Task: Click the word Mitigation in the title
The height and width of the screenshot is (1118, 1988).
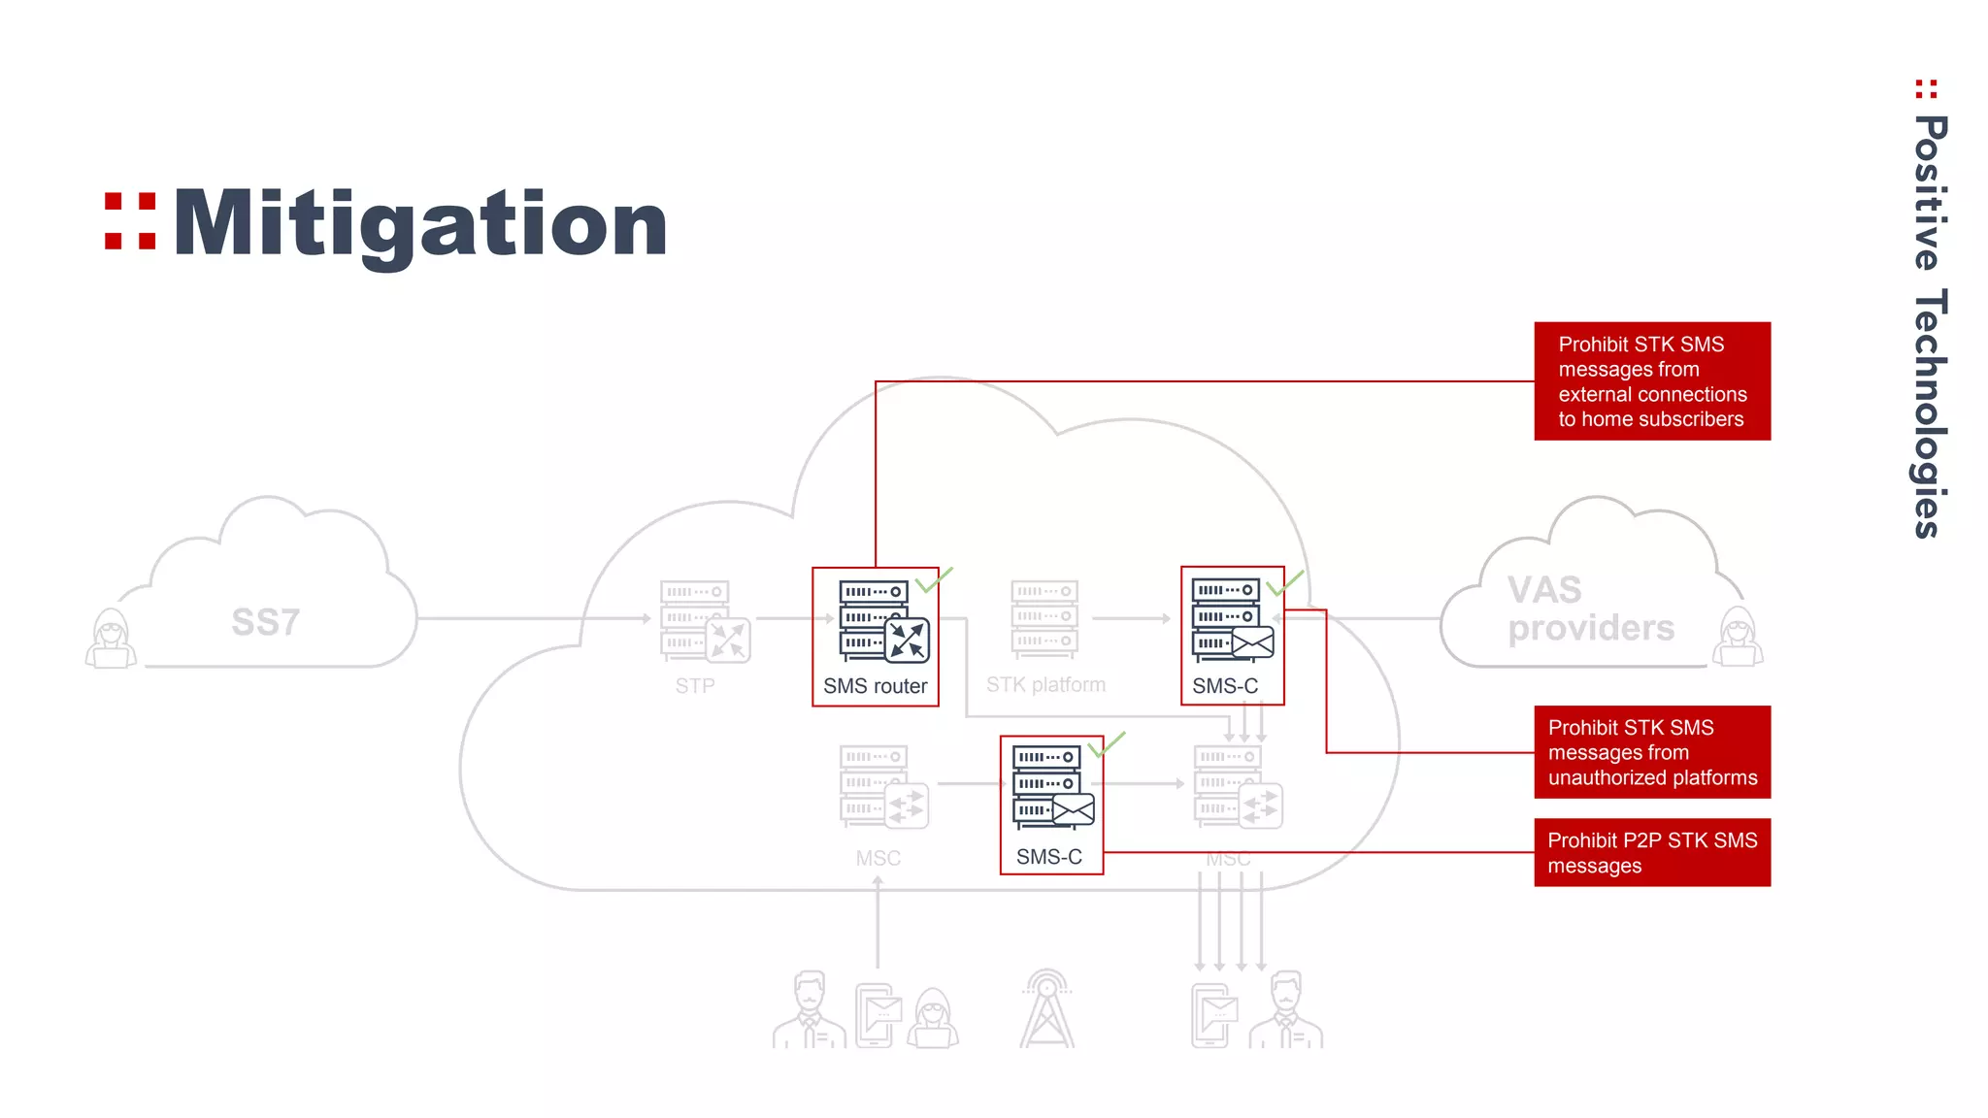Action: click(420, 225)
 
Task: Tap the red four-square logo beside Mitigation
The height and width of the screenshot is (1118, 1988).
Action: click(130, 221)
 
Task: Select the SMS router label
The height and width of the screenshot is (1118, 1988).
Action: click(875, 686)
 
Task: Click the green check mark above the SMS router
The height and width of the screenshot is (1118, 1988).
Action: click(934, 579)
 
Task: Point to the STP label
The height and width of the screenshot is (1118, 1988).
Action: click(695, 686)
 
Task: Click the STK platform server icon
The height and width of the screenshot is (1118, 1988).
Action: click(1044, 618)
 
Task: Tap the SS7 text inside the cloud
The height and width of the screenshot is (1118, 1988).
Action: click(265, 622)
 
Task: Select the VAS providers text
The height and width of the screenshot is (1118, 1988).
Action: click(1590, 609)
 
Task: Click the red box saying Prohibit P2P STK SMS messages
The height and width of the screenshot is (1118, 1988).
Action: click(1652, 853)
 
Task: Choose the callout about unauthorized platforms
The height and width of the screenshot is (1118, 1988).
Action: click(1652, 752)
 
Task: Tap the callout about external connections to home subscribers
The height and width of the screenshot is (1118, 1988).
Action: click(1652, 381)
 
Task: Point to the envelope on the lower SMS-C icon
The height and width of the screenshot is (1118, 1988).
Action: click(1073, 808)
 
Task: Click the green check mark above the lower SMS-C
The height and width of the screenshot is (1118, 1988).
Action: click(1107, 745)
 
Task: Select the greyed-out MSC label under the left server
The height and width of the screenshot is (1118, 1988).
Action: click(878, 859)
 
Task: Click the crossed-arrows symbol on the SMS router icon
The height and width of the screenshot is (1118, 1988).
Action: click(908, 641)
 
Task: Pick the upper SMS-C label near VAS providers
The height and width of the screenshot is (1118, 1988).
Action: click(1225, 686)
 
